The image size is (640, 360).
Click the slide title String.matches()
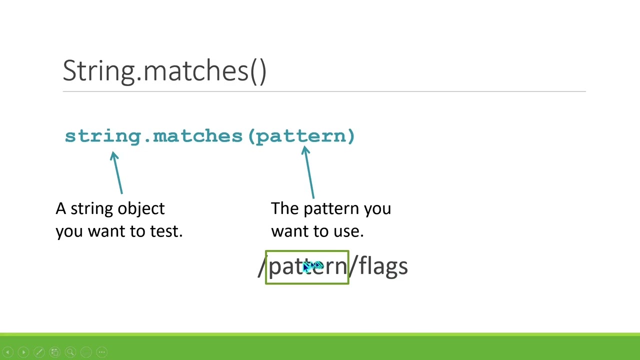tap(164, 71)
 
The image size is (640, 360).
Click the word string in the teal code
tap(103, 136)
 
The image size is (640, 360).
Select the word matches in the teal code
tap(197, 136)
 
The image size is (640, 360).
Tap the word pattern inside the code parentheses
tap(300, 136)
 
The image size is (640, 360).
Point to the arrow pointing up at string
tap(117, 172)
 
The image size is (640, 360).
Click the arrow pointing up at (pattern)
tap(308, 172)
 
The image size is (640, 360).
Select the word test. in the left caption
tap(166, 231)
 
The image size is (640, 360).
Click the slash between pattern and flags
tap(353, 266)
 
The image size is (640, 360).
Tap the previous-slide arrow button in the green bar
tap(8, 352)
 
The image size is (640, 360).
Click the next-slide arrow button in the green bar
tap(23, 352)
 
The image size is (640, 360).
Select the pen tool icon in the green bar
tap(39, 352)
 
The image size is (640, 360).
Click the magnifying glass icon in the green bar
tap(70, 352)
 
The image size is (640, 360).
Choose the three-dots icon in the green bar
tap(101, 352)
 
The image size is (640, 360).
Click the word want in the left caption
tap(104, 231)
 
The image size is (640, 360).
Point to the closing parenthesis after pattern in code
tap(350, 136)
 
